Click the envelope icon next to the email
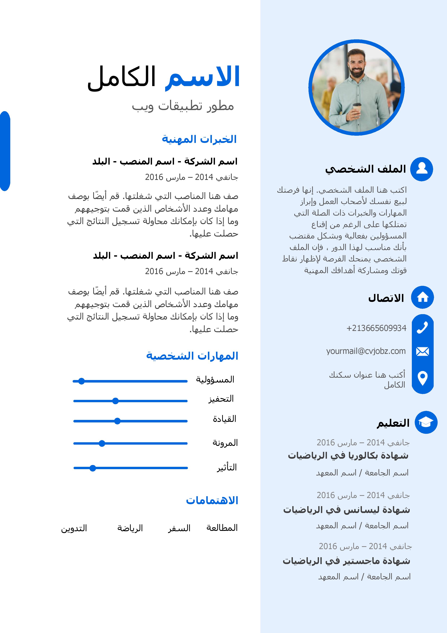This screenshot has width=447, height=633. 422,351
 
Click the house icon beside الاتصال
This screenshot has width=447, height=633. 422,297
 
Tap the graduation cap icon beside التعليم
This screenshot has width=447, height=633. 426,422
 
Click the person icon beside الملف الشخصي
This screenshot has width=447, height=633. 422,169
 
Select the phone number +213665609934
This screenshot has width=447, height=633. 376,328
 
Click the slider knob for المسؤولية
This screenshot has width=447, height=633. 81,381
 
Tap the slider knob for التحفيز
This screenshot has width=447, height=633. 115,401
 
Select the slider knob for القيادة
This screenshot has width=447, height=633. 117,421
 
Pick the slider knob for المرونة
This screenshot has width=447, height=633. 102,443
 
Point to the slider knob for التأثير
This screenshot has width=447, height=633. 93,468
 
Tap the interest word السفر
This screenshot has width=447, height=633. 179,528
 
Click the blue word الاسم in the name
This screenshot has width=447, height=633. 202,77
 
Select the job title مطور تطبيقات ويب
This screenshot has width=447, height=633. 183,106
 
